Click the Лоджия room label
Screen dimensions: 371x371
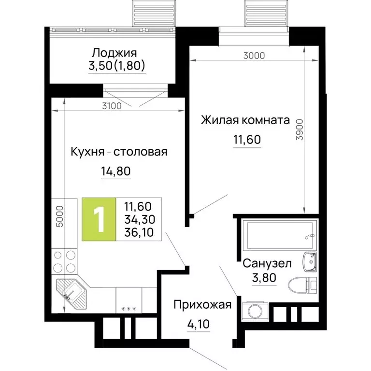pyautogui.click(x=114, y=53)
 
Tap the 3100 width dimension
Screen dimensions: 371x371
pyautogui.click(x=112, y=106)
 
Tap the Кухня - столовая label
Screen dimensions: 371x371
pyautogui.click(x=118, y=152)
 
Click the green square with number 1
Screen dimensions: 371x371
pyautogui.click(x=99, y=219)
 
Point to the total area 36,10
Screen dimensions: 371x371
pyautogui.click(x=138, y=232)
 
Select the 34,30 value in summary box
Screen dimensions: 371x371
pyautogui.click(x=138, y=220)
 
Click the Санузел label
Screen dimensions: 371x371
pyautogui.click(x=267, y=264)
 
